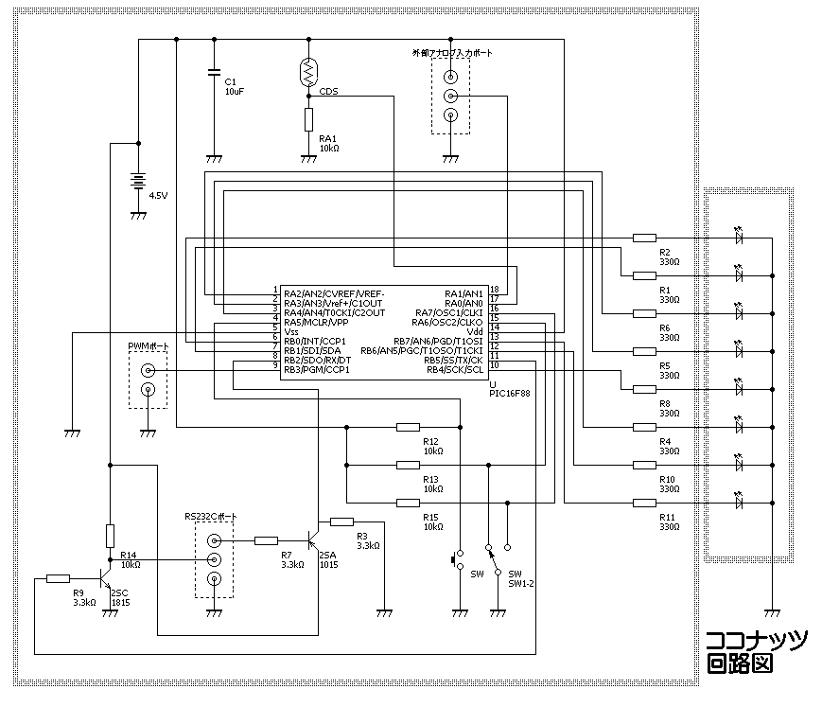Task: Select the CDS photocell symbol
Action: [309, 74]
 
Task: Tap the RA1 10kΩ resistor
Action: [309, 119]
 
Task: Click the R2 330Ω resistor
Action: [645, 238]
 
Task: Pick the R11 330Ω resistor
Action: [645, 502]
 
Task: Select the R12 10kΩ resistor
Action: [408, 427]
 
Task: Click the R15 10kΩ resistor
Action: [408, 503]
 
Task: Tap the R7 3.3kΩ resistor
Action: [267, 540]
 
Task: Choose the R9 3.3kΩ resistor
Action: [58, 578]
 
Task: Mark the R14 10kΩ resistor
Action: [111, 535]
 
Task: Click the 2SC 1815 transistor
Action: [105, 580]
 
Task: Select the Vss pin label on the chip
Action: [292, 332]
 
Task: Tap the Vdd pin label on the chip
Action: [475, 331]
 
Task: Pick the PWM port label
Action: [148, 347]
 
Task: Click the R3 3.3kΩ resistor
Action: [341, 521]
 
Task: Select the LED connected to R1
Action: [739, 275]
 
